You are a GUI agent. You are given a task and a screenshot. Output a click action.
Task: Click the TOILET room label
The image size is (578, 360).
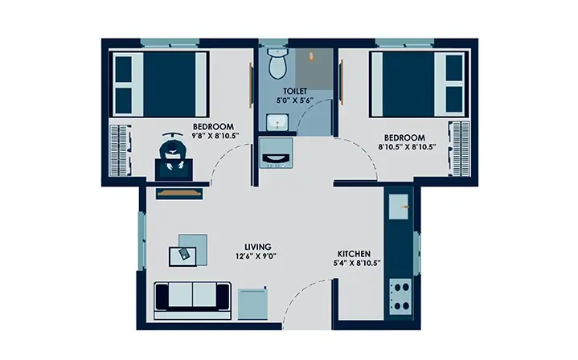tap(295, 91)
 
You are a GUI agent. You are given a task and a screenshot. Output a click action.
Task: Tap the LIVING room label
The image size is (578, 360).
tap(258, 247)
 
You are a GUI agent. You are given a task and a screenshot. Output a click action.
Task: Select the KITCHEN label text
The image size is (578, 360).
tap(354, 254)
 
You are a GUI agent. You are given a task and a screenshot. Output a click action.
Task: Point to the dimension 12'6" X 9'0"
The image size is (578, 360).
tap(256, 256)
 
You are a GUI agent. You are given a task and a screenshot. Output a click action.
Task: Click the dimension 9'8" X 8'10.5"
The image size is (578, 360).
tap(215, 136)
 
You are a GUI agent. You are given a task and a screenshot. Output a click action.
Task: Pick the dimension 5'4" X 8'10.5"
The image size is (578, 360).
tap(357, 263)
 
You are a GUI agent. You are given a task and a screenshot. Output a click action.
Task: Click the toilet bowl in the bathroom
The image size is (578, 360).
tap(278, 63)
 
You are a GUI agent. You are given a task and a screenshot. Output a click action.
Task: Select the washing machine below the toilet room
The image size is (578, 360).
tap(276, 153)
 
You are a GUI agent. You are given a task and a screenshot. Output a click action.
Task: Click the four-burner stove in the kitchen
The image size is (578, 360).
tap(400, 297)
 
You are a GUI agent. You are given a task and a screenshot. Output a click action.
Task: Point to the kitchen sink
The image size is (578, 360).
tap(399, 207)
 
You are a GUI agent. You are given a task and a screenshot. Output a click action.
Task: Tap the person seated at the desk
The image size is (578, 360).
tap(173, 151)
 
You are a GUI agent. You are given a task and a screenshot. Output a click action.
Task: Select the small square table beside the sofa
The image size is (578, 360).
tap(252, 304)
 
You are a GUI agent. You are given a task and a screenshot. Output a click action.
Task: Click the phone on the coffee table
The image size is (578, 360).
tap(183, 254)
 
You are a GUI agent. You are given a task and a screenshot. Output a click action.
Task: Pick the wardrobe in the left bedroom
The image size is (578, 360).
tap(120, 150)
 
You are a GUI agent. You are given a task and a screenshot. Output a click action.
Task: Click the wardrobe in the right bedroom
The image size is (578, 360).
tap(459, 148)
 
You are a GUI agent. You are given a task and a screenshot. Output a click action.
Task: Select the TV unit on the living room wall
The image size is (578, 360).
tap(179, 193)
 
